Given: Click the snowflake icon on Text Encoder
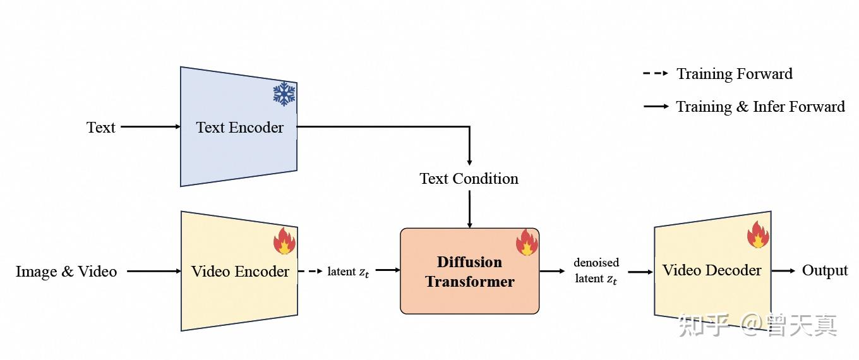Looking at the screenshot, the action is click(284, 93).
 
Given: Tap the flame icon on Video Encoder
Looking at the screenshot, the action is click(284, 241).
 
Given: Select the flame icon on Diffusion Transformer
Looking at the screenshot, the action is click(527, 243).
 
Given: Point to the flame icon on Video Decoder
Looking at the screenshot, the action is click(758, 234).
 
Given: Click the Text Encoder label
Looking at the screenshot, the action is click(239, 128).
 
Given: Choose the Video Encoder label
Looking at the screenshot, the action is click(240, 272).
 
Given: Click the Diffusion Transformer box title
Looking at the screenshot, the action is click(470, 272).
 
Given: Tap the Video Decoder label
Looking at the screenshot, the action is click(712, 270).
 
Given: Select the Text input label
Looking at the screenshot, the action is click(101, 128).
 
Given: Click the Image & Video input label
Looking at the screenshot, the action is click(66, 272).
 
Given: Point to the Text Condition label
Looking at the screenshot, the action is click(469, 179).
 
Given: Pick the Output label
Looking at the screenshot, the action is click(825, 271).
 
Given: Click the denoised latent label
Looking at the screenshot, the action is click(596, 271).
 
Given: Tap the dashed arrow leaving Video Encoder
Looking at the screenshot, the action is click(310, 271).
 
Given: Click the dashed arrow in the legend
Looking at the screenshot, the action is click(656, 73).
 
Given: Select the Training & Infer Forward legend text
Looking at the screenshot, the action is click(760, 107).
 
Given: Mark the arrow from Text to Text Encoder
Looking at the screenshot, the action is click(151, 126).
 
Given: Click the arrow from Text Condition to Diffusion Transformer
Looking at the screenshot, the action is click(469, 209).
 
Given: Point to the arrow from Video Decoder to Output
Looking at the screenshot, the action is click(783, 271).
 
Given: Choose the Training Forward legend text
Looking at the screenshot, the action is click(735, 74).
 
